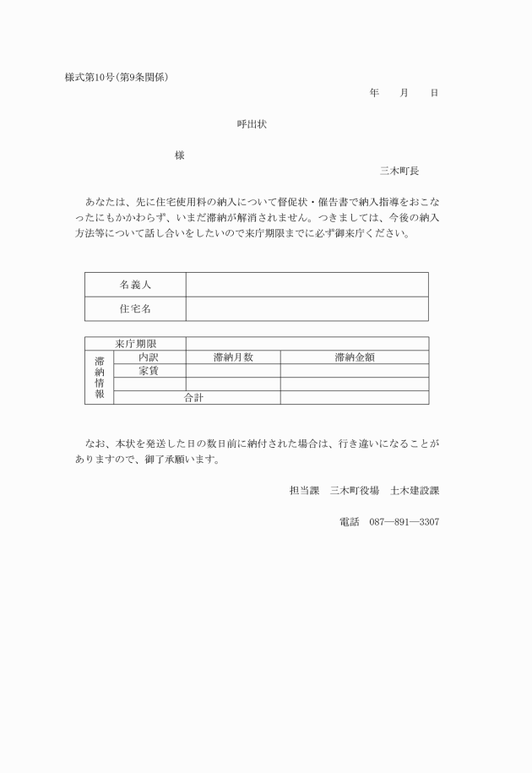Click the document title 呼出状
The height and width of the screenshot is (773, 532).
tap(252, 123)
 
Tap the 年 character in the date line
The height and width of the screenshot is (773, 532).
tap(373, 92)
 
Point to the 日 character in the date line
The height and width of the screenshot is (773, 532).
tap(434, 92)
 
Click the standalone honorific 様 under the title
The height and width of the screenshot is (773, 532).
tap(180, 155)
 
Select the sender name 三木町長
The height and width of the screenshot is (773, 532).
tap(399, 170)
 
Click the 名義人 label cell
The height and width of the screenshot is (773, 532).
tap(135, 285)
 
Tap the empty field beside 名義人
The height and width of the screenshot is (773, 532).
tap(307, 285)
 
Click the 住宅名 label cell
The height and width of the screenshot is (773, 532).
tap(135, 309)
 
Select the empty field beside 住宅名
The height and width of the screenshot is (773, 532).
tap(307, 309)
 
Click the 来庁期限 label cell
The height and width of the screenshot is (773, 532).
tap(136, 344)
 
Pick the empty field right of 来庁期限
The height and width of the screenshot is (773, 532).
tap(307, 344)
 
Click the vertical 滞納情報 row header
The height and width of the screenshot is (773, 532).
tap(99, 377)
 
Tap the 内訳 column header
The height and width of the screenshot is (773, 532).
tap(149, 357)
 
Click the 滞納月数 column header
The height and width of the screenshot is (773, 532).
tap(233, 357)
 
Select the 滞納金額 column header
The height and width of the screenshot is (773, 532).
tap(354, 357)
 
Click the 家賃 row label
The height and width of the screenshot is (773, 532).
tap(149, 371)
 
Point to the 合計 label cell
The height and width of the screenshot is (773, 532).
tap(193, 397)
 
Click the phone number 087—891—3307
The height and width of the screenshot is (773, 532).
tap(404, 522)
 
